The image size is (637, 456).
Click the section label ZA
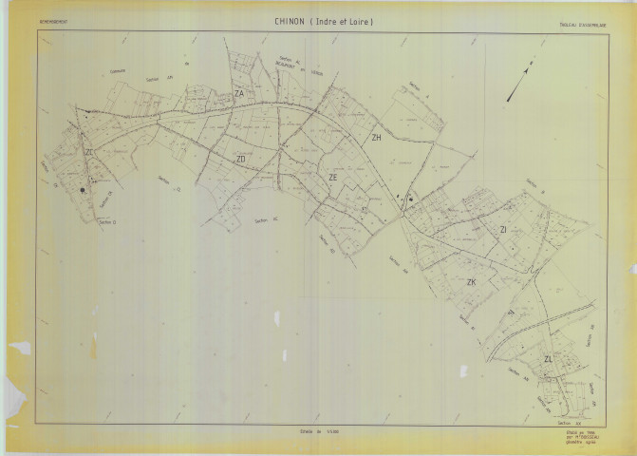(x=239, y=94)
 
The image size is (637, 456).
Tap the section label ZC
(x=88, y=153)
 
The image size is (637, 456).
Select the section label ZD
(x=241, y=159)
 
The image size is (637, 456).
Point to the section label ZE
(x=332, y=177)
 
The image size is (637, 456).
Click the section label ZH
(x=376, y=138)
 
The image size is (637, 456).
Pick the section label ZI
(x=503, y=230)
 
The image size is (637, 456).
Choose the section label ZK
(x=470, y=283)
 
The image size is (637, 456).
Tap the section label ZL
(x=548, y=359)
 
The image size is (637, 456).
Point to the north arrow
(x=517, y=84)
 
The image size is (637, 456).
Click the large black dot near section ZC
(x=83, y=190)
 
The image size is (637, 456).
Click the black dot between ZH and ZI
(x=410, y=199)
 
